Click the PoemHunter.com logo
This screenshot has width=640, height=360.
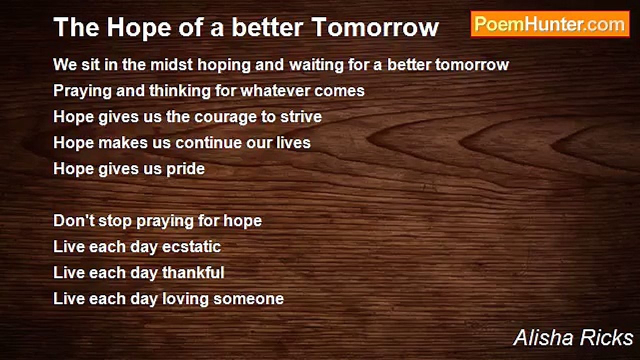click(550, 24)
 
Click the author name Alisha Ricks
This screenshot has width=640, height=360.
click(573, 337)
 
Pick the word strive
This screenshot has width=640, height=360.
click(301, 117)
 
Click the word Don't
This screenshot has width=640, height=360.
click(73, 221)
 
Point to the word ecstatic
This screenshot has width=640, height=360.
click(191, 247)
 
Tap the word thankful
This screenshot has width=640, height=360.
click(193, 273)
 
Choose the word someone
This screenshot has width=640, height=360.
click(248, 299)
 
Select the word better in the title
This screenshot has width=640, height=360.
click(267, 27)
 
